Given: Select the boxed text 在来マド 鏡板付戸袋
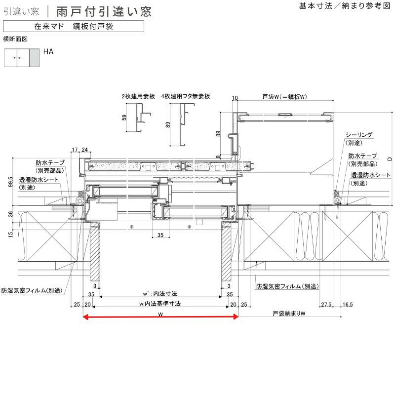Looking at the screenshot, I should point(74,27).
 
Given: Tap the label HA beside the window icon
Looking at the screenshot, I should point(48,51).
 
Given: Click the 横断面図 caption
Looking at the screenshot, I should point(14,39).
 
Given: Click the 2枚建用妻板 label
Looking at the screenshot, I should point(139,97).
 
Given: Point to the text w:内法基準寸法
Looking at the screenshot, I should point(160,304).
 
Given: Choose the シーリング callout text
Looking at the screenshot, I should point(358,134).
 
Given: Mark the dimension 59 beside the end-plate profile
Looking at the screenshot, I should point(124,118).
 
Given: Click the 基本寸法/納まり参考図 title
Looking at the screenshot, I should point(345,6).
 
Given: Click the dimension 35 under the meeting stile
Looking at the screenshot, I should point(160,236).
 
